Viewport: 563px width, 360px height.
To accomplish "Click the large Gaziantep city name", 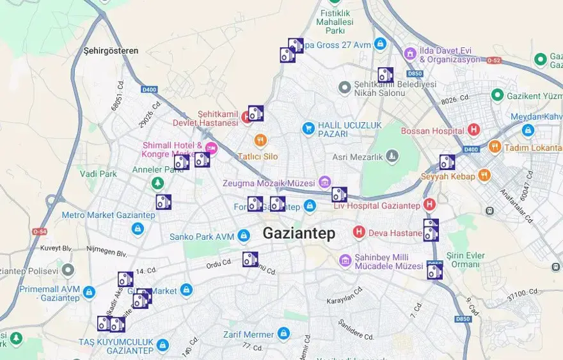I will pyautogui.click(x=299, y=233).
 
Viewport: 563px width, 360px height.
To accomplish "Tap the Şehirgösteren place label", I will pyautogui.click(x=111, y=51).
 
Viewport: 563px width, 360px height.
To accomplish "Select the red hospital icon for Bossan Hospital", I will pyautogui.click(x=474, y=130).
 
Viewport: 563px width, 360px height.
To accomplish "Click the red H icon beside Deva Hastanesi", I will pyautogui.click(x=359, y=231).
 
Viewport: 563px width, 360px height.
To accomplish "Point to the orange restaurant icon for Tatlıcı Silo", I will pyautogui.click(x=260, y=140).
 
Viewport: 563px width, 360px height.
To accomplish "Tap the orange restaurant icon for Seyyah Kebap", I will pyautogui.click(x=484, y=175).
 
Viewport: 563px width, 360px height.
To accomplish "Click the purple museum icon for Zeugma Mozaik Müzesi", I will pyautogui.click(x=324, y=182).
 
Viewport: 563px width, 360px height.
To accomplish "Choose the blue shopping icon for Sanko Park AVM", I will pyautogui.click(x=243, y=236).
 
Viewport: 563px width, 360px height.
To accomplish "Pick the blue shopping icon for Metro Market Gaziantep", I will pyautogui.click(x=137, y=228).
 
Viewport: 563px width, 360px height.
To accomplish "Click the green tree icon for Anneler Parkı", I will pyautogui.click(x=157, y=184).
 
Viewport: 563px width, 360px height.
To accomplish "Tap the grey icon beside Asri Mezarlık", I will pyautogui.click(x=392, y=155).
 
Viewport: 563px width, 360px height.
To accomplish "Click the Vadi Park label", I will pyautogui.click(x=98, y=173).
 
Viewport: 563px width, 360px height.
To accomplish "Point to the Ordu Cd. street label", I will pyautogui.click(x=218, y=263).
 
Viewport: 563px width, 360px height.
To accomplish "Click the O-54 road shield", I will pyautogui.click(x=40, y=231).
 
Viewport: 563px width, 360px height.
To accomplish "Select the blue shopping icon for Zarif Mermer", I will pyautogui.click(x=283, y=333).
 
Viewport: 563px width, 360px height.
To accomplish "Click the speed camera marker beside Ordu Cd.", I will pyautogui.click(x=250, y=259).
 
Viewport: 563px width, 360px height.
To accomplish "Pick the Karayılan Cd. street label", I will pyautogui.click(x=345, y=299).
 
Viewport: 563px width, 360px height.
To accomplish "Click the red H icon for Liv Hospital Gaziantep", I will pyautogui.click(x=429, y=205).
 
